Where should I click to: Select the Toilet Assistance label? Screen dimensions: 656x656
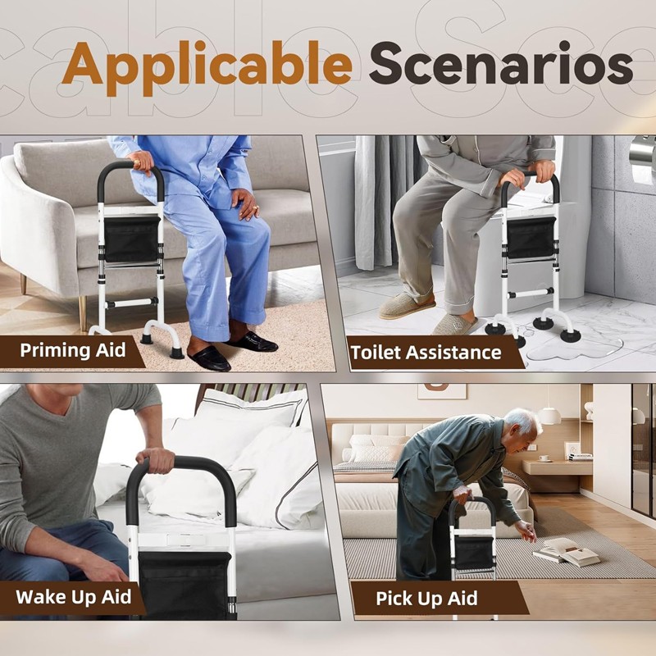(x=426, y=353)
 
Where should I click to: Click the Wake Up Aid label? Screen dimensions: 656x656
(x=73, y=596)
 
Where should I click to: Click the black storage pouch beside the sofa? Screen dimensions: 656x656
(x=131, y=238)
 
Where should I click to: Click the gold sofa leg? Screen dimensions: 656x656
(x=82, y=311)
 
